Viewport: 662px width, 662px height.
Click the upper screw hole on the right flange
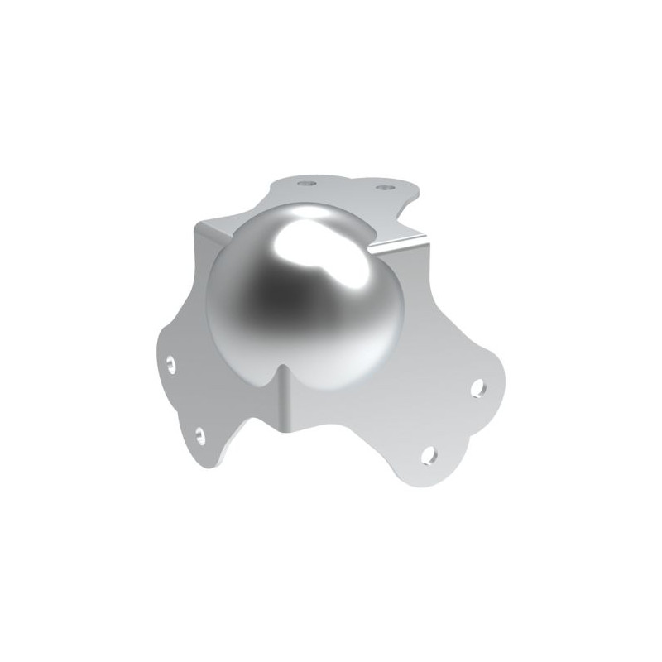click(477, 387)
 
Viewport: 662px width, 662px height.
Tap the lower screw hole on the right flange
click(428, 453)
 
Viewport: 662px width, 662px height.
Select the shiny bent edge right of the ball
click(397, 244)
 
